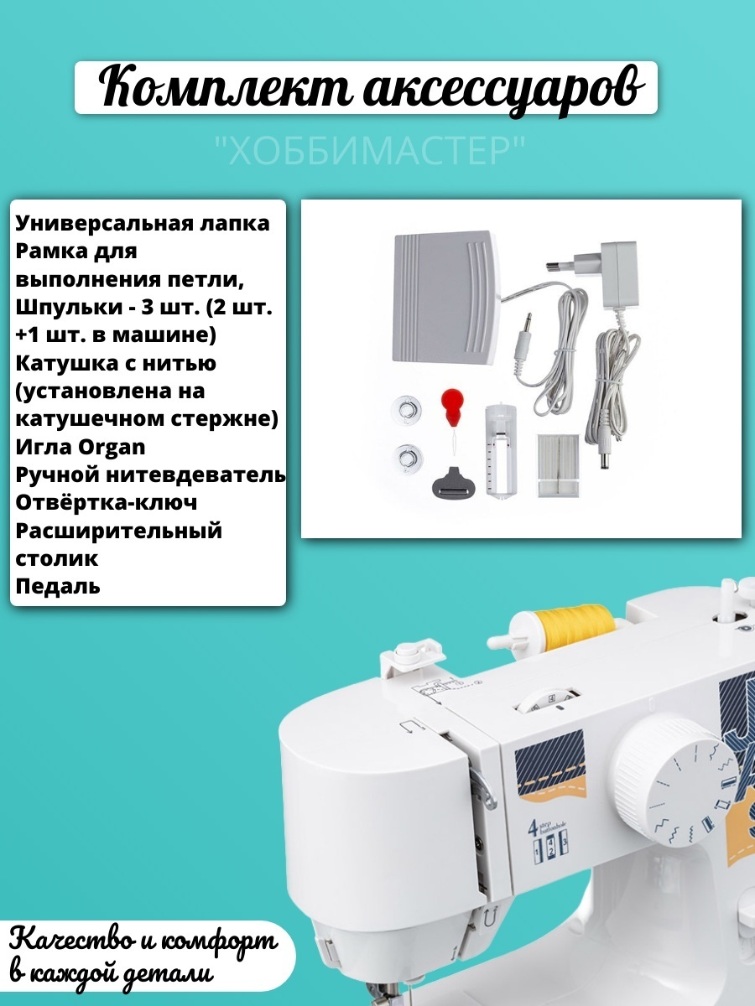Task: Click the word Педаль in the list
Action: [58, 586]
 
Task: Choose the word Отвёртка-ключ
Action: [107, 502]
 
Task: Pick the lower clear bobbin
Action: [407, 457]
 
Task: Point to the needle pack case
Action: [558, 464]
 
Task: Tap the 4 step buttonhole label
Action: [549, 837]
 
